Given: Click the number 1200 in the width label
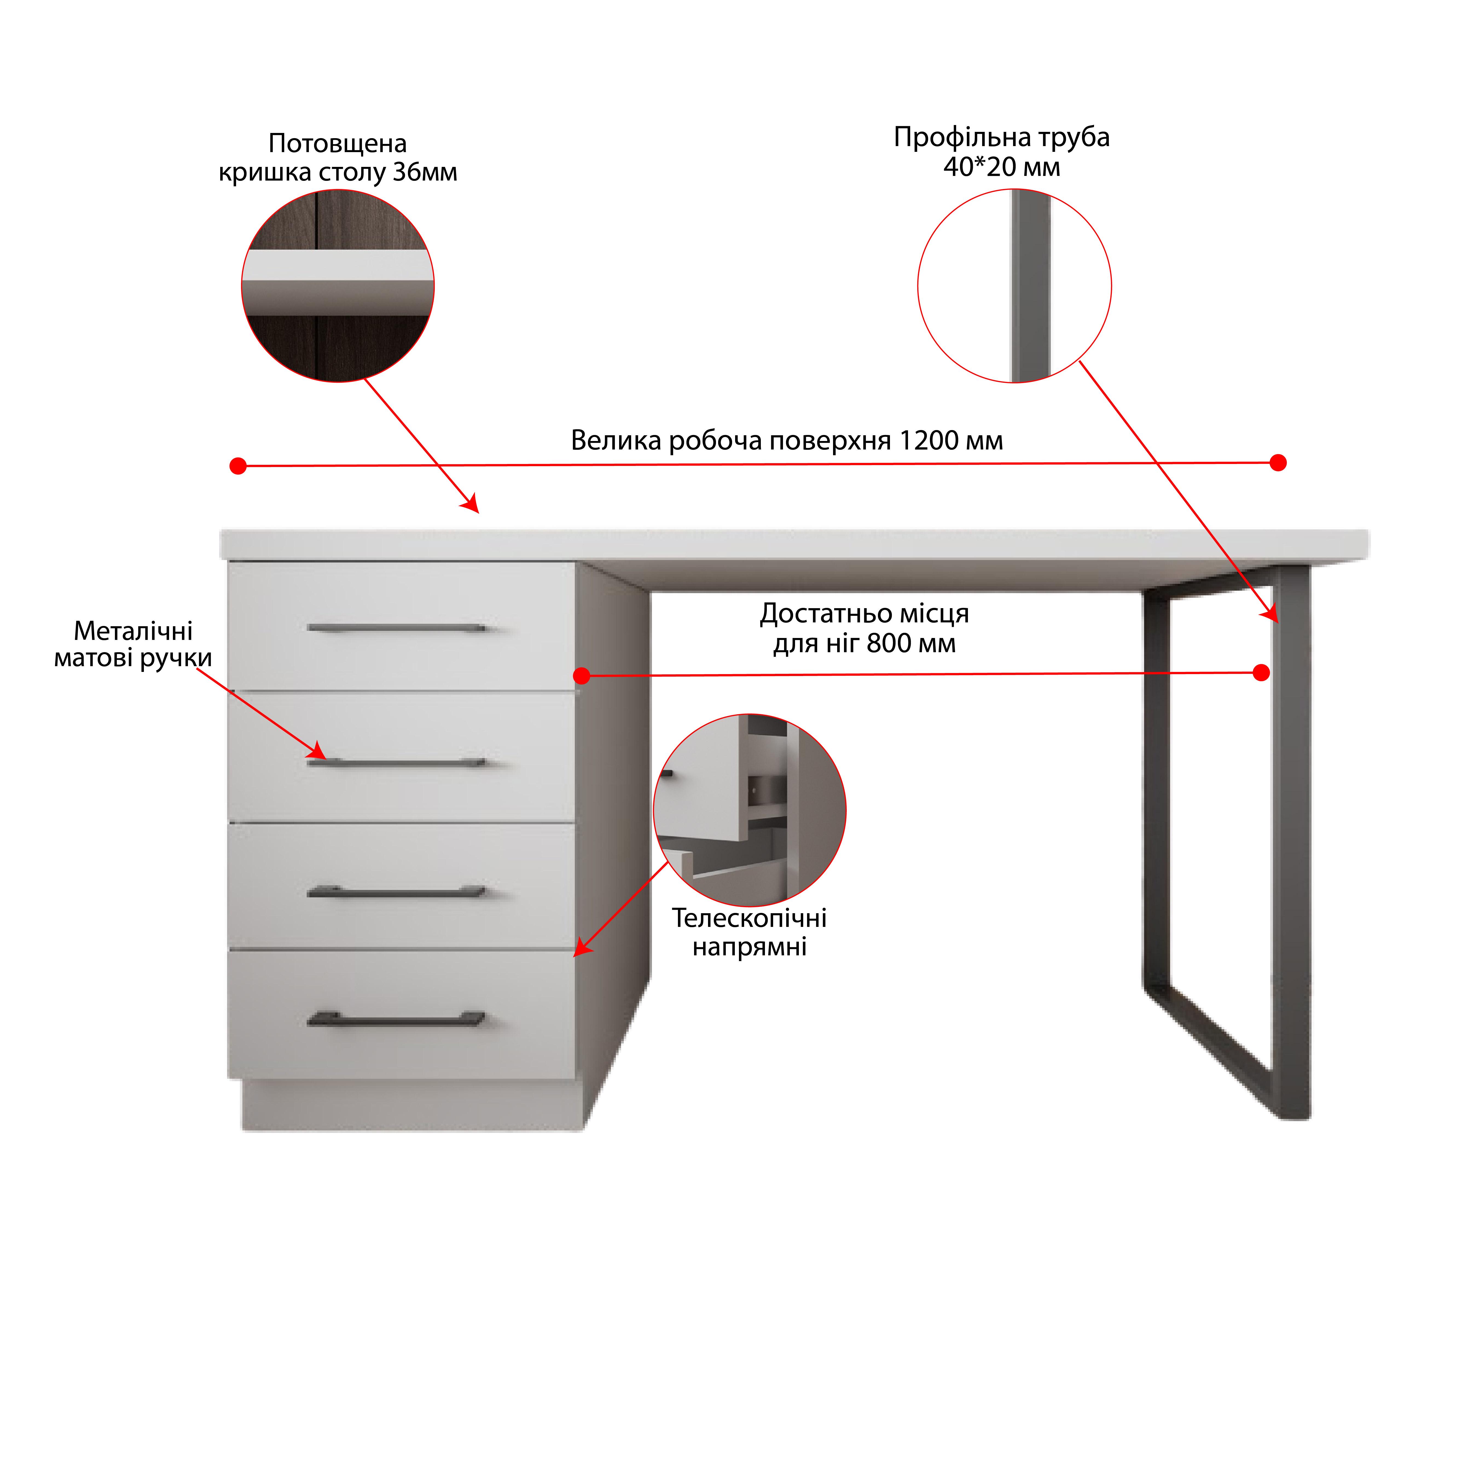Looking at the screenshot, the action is [928, 440].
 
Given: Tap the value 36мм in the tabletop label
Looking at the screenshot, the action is [425, 172].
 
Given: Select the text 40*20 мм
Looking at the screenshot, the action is [1001, 167].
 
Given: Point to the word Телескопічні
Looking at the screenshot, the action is [749, 918].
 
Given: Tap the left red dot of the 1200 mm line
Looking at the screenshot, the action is [238, 466].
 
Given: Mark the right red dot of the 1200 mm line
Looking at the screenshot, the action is [1278, 462].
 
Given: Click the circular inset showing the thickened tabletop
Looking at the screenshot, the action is [338, 285].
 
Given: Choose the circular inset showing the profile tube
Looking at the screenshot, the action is [1014, 285].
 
